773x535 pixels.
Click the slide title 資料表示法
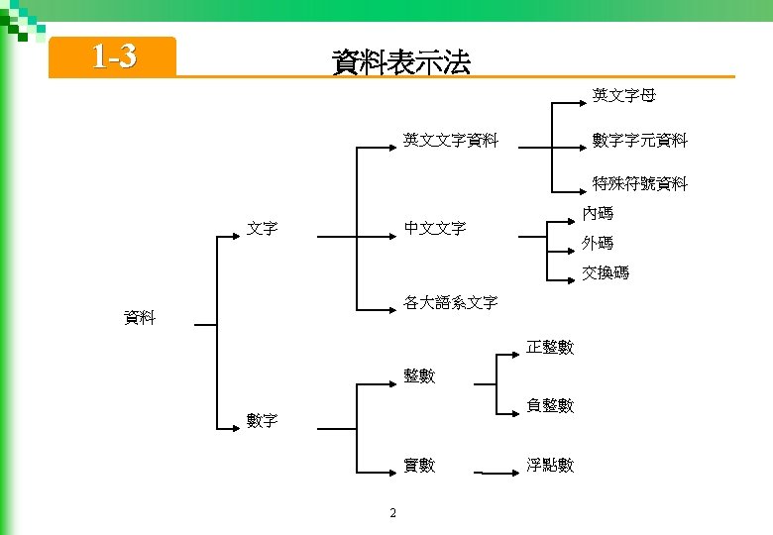click(x=401, y=63)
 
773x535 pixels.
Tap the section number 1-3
click(x=113, y=57)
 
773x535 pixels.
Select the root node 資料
click(x=139, y=318)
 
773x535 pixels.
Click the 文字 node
click(x=262, y=229)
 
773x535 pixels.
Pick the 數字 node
click(x=262, y=420)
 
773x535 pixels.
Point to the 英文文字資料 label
click(x=450, y=141)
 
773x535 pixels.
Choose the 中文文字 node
click(x=434, y=229)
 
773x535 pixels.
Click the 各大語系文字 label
click(x=450, y=302)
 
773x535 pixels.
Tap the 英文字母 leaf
click(x=623, y=96)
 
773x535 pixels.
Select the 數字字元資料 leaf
click(x=639, y=141)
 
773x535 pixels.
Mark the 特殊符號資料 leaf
click(x=639, y=184)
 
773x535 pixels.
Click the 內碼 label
click(x=598, y=213)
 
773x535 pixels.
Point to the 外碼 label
click(x=598, y=243)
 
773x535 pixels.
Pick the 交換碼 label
click(x=606, y=272)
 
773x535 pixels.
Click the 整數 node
click(x=418, y=376)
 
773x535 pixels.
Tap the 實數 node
click(x=418, y=465)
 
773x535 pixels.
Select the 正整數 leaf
click(x=550, y=347)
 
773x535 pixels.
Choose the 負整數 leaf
click(x=550, y=405)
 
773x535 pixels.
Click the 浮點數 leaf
click(x=550, y=465)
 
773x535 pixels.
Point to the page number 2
click(x=393, y=512)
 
